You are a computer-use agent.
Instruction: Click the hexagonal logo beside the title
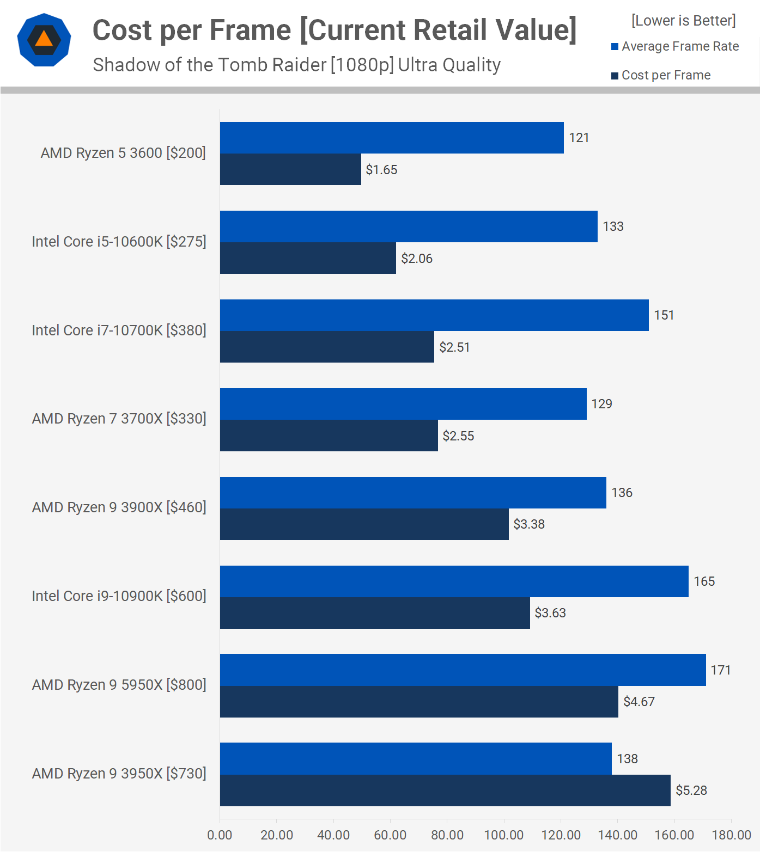44,40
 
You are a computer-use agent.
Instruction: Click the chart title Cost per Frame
334,30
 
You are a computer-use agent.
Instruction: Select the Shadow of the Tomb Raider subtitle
296,65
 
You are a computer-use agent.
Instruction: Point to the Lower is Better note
683,21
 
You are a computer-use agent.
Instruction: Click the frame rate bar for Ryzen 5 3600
391,138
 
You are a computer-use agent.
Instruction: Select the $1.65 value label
381,170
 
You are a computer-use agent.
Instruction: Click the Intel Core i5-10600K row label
119,242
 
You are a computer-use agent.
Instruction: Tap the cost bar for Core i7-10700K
327,347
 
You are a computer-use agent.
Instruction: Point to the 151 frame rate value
664,315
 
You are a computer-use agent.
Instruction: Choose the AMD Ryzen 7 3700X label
119,419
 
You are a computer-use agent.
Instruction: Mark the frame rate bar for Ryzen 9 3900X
412,493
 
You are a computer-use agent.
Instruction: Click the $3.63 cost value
550,613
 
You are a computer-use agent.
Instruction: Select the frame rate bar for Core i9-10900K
454,581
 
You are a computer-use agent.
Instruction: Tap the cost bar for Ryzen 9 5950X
418,702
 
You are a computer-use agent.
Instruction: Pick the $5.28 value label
691,790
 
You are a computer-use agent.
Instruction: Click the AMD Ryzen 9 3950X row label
119,774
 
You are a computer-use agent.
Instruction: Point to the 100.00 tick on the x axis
504,835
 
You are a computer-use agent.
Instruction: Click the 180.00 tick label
731,835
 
